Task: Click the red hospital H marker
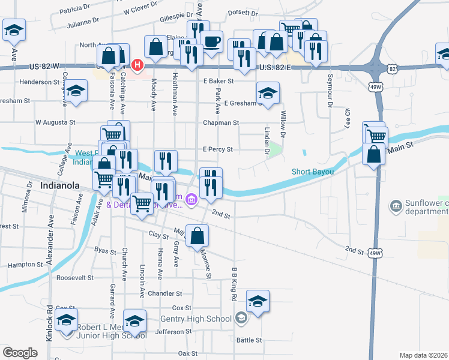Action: click(137, 64)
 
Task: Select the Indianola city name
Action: click(59, 185)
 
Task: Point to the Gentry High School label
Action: click(196, 319)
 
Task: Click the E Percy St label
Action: click(217, 149)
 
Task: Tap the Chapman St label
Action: click(221, 122)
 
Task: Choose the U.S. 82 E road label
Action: click(275, 68)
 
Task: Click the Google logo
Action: click(20, 353)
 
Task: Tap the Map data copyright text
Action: click(423, 355)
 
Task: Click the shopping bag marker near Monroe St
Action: click(197, 236)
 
